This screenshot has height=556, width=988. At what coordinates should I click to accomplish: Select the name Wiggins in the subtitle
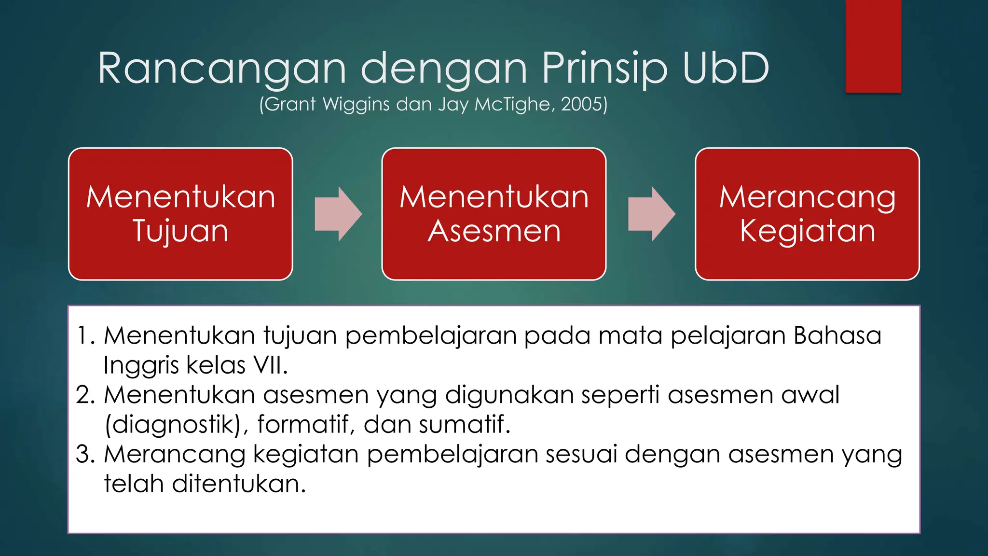pyautogui.click(x=356, y=105)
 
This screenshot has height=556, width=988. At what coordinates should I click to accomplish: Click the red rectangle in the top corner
pyautogui.click(x=873, y=46)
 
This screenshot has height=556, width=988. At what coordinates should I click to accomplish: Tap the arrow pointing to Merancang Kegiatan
pyautogui.click(x=651, y=214)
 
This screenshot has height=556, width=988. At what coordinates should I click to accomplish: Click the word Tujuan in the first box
pyautogui.click(x=180, y=231)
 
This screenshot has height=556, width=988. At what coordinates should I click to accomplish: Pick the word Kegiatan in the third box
pyautogui.click(x=807, y=231)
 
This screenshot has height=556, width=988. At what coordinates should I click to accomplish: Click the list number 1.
pyautogui.click(x=86, y=336)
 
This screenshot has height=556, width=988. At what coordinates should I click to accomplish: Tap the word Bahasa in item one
pyautogui.click(x=837, y=335)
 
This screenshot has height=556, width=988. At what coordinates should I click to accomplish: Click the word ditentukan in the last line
pyautogui.click(x=238, y=484)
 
